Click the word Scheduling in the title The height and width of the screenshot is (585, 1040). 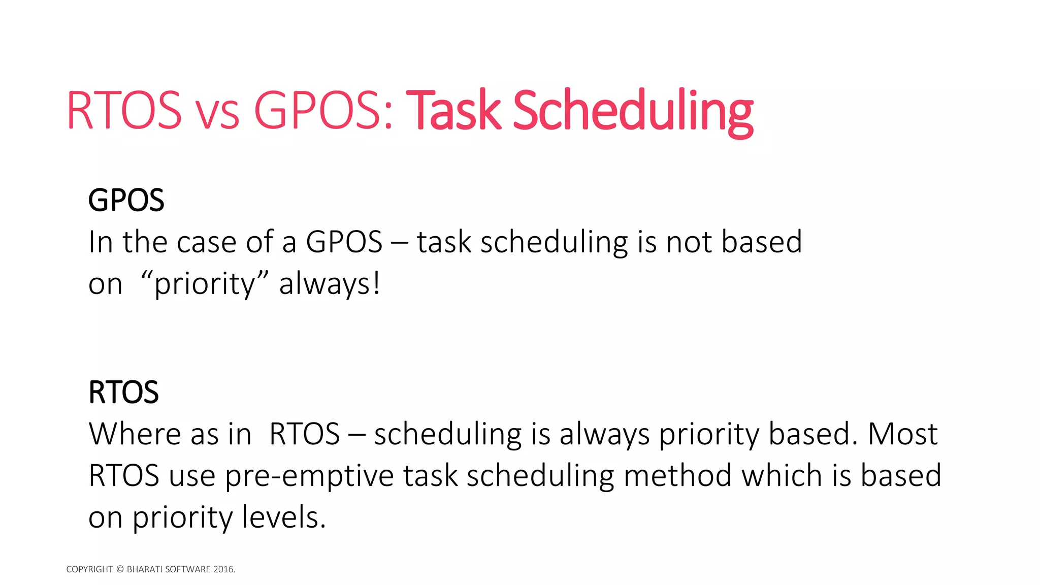[x=633, y=111]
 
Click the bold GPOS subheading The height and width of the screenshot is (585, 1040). [x=126, y=200]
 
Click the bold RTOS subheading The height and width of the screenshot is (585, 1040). [x=123, y=392]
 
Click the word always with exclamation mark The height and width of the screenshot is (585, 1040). [x=329, y=284]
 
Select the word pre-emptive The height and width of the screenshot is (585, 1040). [x=309, y=476]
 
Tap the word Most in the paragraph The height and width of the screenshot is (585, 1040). [x=902, y=434]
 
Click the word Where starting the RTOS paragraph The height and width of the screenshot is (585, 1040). [x=135, y=434]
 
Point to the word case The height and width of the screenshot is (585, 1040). [x=207, y=243]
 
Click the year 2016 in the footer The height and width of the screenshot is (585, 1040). [x=224, y=569]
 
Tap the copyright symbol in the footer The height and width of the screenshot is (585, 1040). [x=120, y=569]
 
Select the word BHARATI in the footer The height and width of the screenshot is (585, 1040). [x=144, y=569]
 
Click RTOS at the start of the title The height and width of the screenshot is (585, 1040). [x=124, y=111]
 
